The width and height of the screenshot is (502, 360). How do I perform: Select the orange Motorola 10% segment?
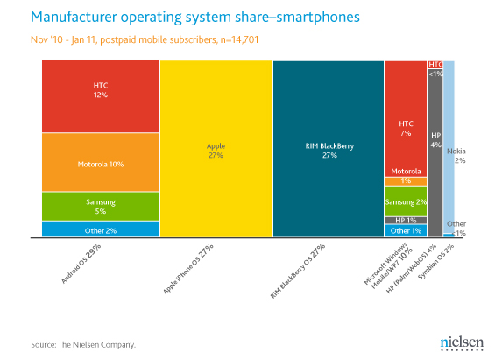pos(100,163)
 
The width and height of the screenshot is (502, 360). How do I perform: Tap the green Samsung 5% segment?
pos(100,206)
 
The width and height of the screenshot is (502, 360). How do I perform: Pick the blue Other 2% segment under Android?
pos(100,229)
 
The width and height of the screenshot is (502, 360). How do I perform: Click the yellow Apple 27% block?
pos(216,150)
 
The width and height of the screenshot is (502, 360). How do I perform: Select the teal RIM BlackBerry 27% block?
pos(328,150)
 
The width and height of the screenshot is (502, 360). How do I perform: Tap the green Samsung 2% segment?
pos(405,201)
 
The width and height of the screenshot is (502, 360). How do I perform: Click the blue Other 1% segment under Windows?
pos(405,230)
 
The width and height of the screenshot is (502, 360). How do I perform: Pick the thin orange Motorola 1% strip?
pos(405,181)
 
